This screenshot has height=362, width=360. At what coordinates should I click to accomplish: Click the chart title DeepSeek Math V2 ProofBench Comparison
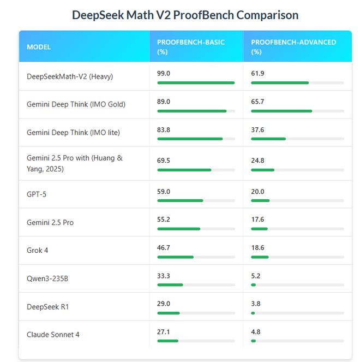[x=185, y=15]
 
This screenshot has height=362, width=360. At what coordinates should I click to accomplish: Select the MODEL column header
[x=39, y=47]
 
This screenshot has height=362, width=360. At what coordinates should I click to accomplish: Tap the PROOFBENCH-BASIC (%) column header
[x=190, y=47]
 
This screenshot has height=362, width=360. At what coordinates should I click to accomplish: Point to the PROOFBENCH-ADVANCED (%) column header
[x=293, y=47]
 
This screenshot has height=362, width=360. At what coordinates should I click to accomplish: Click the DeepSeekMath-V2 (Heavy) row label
[x=70, y=76]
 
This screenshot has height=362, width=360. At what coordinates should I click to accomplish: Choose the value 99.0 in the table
[x=164, y=73]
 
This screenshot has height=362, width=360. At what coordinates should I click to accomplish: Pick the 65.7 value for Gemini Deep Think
[x=257, y=102]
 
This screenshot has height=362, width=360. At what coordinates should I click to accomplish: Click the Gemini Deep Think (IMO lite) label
[x=73, y=132]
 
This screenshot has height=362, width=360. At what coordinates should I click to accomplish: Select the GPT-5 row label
[x=37, y=194]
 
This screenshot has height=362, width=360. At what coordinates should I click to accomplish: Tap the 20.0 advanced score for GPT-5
[x=257, y=192]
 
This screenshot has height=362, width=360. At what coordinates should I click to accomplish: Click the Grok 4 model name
[x=38, y=250]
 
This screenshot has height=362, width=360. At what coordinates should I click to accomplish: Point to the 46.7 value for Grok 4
[x=164, y=247]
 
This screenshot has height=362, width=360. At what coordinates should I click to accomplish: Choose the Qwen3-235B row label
[x=47, y=278]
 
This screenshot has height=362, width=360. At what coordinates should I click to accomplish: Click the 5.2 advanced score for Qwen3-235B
[x=255, y=276]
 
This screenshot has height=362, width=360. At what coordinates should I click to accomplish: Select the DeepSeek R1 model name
[x=47, y=306]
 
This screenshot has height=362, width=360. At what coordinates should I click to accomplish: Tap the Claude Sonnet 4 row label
[x=53, y=334]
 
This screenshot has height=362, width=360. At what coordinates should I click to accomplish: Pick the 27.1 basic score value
[x=164, y=331]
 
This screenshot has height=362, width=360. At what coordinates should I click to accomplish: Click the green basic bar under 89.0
[x=191, y=111]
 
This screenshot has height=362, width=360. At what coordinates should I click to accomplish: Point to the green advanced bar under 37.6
[x=268, y=139]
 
